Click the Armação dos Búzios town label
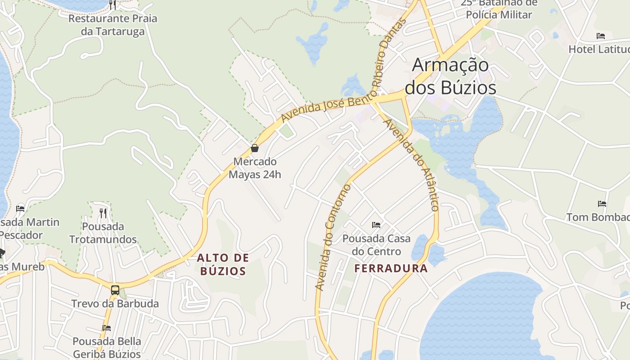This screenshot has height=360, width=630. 450,76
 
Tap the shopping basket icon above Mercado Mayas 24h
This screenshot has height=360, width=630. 255,148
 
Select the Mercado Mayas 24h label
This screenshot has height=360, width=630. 255,168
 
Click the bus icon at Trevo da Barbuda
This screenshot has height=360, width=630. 115,290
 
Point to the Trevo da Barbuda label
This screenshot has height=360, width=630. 115,304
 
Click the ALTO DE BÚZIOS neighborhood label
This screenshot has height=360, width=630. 223,265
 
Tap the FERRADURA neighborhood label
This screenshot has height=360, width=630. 391,269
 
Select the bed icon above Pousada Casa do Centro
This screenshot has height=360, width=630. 376,225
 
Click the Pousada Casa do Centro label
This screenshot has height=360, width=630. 376,245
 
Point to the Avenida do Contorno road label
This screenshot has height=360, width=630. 333,237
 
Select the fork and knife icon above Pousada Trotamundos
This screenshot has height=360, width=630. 103,212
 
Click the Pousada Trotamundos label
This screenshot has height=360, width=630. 103,233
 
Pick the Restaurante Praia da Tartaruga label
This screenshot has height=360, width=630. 113,25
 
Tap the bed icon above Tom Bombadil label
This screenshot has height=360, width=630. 602,204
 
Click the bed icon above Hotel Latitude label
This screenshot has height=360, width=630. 600,36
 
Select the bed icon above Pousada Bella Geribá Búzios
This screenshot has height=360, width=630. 107,328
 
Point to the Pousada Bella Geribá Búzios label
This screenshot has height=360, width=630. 107,347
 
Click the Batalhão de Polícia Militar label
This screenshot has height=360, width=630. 499,9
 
